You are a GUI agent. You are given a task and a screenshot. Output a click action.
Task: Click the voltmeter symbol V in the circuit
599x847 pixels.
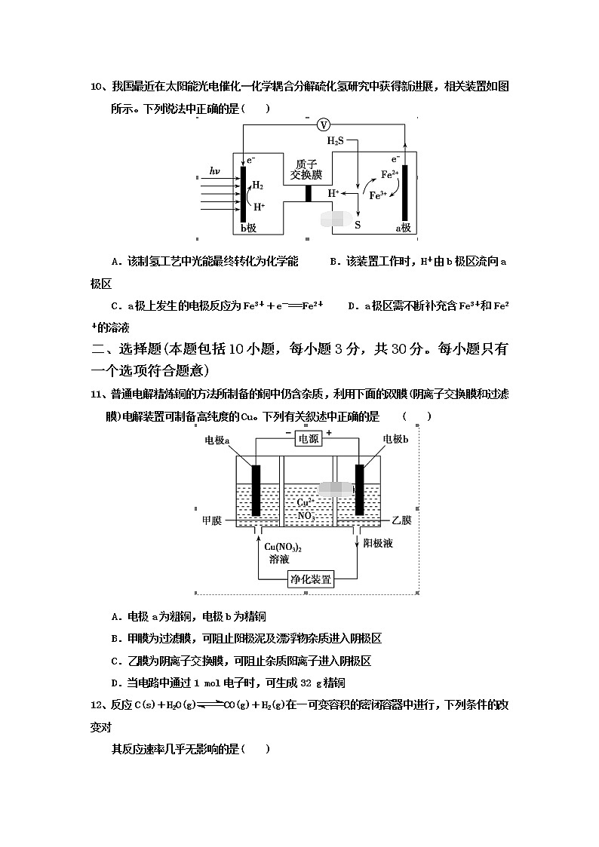tap(323, 124)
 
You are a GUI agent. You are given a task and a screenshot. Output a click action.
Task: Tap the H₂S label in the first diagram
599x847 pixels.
tap(336, 141)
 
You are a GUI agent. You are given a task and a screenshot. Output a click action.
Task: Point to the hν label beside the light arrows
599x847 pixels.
tap(214, 172)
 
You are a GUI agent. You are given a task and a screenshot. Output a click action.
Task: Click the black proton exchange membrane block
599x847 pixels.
tap(308, 193)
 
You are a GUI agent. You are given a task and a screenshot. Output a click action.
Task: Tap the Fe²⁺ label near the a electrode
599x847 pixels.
tap(390, 174)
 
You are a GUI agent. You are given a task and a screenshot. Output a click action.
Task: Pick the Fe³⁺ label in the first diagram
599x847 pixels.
tap(378, 194)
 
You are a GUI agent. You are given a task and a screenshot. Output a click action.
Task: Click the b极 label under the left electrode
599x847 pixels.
tap(250, 227)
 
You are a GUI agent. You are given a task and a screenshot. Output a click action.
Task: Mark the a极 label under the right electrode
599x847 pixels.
tap(404, 227)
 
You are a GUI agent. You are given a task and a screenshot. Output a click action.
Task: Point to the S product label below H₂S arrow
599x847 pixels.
tap(358, 224)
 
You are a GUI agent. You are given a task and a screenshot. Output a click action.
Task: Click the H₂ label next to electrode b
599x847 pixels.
tap(258, 185)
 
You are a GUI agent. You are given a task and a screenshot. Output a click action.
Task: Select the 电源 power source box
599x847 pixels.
tap(309, 439)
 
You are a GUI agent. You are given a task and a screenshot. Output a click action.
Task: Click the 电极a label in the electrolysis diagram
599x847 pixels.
tap(217, 440)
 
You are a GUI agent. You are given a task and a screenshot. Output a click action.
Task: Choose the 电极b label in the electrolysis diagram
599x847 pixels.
tap(396, 440)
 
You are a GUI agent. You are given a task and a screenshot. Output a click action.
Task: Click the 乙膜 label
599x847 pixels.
tap(401, 520)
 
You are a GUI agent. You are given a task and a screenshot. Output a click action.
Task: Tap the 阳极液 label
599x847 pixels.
tap(376, 543)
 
